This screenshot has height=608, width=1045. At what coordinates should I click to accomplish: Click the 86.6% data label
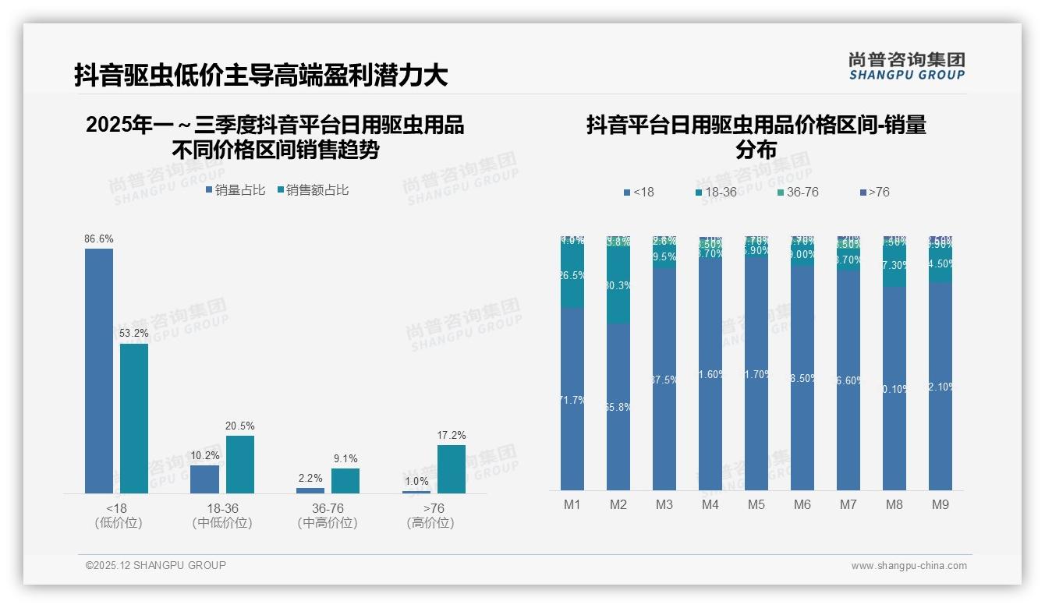pyautogui.click(x=99, y=239)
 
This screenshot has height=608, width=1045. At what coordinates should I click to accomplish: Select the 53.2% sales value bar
pyautogui.click(x=134, y=418)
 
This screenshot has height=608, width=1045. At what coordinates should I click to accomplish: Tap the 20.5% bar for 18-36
pyautogui.click(x=240, y=464)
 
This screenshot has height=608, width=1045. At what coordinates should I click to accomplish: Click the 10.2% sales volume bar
pyautogui.click(x=205, y=479)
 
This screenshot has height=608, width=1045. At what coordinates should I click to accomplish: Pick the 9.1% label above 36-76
pyautogui.click(x=345, y=458)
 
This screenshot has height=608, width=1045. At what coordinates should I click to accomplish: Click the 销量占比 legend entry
pyautogui.click(x=236, y=189)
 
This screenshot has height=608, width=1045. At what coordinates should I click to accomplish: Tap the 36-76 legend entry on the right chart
pyautogui.click(x=798, y=192)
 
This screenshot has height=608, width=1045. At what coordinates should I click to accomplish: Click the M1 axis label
pyautogui.click(x=572, y=504)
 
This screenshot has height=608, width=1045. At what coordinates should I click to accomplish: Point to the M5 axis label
pyautogui.click(x=756, y=504)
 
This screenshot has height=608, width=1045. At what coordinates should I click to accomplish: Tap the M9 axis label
pyautogui.click(x=940, y=504)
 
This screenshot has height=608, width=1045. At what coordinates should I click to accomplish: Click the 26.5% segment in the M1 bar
pyautogui.click(x=572, y=276)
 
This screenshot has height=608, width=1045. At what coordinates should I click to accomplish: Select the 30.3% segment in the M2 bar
pyautogui.click(x=618, y=286)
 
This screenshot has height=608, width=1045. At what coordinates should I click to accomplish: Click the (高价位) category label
pyautogui.click(x=430, y=523)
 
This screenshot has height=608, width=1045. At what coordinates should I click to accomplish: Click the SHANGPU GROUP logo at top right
pyautogui.click(x=906, y=66)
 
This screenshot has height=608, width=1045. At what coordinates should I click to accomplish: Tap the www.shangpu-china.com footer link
pyautogui.click(x=909, y=566)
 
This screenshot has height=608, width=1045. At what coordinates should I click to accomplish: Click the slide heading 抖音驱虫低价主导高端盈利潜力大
pyautogui.click(x=261, y=76)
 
